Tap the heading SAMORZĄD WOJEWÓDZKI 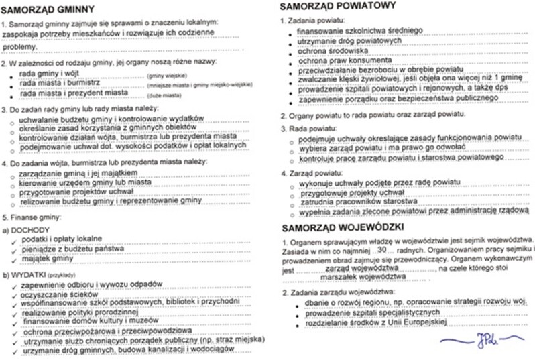point(342,229)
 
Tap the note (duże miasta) point(164,96)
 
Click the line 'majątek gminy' point(47,259)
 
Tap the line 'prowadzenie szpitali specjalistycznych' point(367,312)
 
